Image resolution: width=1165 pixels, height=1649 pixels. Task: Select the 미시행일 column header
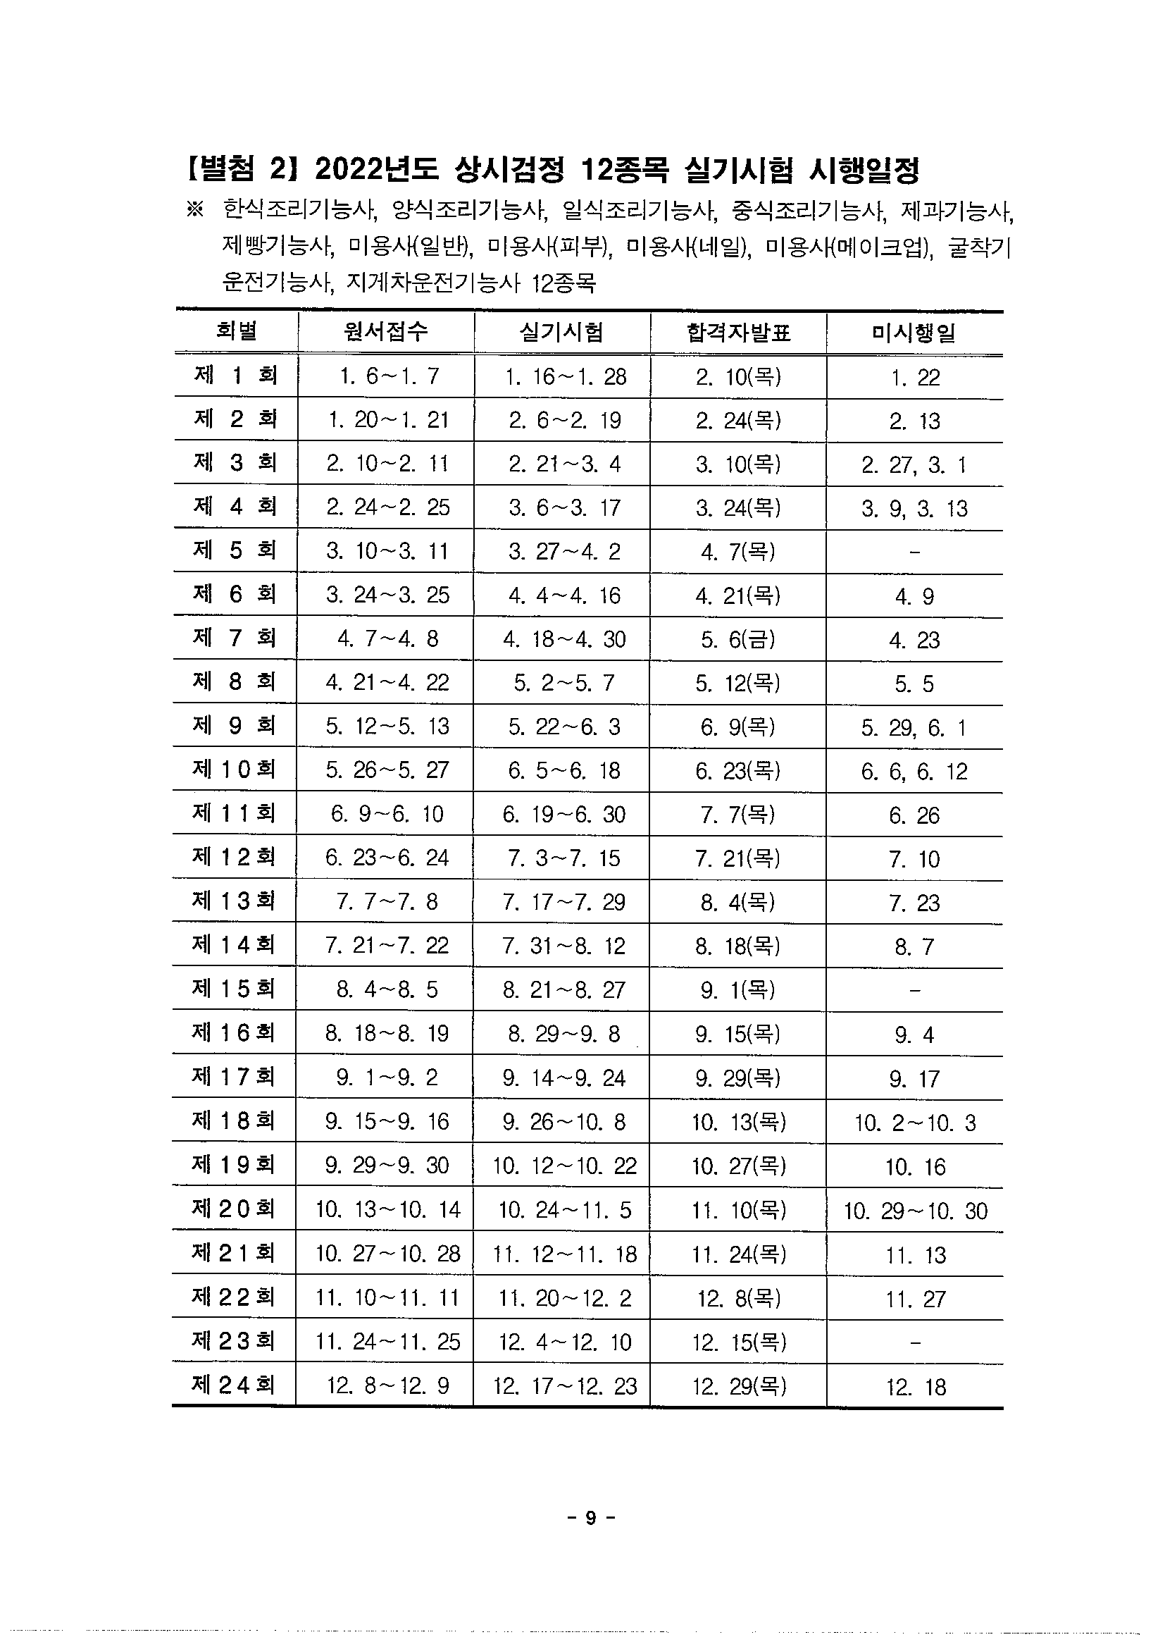tap(914, 333)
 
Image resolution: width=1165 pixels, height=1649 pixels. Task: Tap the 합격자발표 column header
tap(738, 333)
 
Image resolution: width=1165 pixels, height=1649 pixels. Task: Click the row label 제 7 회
tap(235, 638)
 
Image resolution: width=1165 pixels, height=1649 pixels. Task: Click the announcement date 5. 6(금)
tap(738, 639)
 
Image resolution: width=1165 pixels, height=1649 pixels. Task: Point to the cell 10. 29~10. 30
tap(915, 1211)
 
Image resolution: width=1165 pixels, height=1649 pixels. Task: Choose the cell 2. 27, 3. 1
tap(914, 465)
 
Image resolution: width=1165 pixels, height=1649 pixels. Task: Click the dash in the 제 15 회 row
tap(914, 989)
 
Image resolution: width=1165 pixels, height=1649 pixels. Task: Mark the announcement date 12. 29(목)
tap(739, 1385)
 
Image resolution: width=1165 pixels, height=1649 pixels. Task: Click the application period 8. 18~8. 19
tap(386, 1034)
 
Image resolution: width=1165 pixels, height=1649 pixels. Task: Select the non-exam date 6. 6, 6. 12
tap(914, 772)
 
